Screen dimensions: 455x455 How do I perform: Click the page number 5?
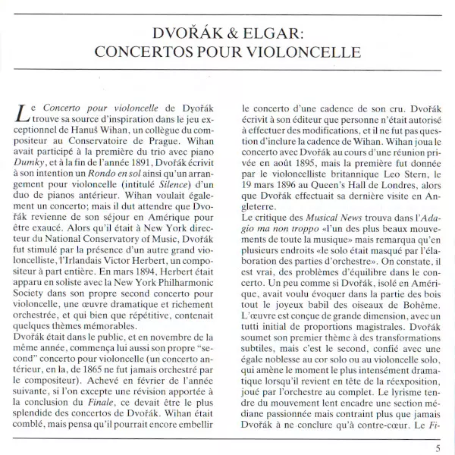click(438, 447)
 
